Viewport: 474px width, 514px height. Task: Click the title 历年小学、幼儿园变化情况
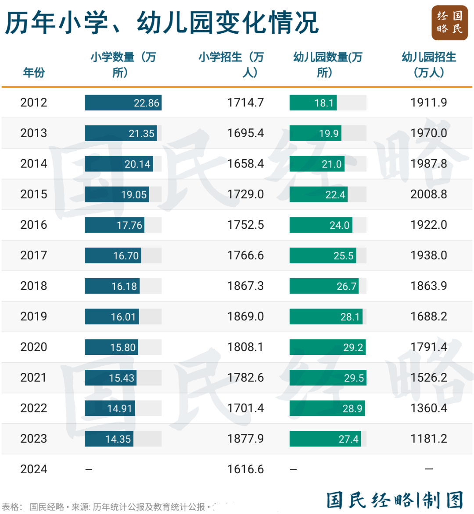(162, 23)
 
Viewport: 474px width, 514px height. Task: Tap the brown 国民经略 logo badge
(449, 23)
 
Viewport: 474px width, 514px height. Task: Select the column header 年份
(34, 72)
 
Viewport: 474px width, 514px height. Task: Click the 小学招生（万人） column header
(231, 64)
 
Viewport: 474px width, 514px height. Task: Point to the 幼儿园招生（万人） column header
(429, 64)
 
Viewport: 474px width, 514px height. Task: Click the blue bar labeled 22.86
(123, 103)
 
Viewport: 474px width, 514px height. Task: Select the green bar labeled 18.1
(313, 103)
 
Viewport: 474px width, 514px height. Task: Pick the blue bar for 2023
(109, 439)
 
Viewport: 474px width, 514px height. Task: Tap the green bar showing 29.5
(327, 378)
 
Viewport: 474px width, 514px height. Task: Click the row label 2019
(33, 316)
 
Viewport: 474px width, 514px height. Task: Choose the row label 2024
(33, 469)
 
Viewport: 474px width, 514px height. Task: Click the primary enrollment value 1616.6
(245, 469)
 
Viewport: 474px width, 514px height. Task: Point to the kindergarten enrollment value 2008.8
(428, 194)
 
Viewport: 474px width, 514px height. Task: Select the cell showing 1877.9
(245, 439)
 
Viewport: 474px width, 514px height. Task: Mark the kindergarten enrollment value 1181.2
(428, 439)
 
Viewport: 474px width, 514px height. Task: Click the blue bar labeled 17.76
(115, 225)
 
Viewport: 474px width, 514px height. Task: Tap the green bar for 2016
(321, 225)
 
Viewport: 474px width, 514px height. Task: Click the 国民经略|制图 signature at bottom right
(395, 500)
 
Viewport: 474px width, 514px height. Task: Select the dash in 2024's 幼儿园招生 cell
(429, 469)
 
